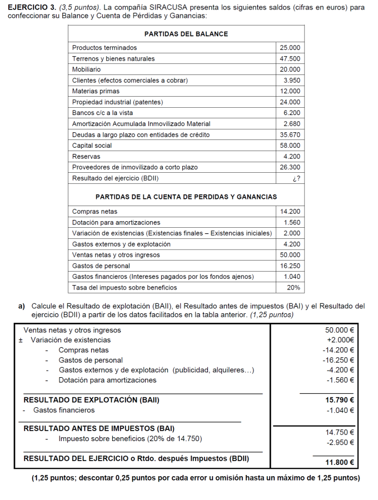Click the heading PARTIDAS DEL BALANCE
[x=186, y=34]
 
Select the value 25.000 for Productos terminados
[x=290, y=48]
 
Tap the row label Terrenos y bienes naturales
[x=113, y=58]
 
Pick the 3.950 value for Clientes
[x=291, y=81]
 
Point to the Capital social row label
[x=92, y=146]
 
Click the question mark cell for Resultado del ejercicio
[x=296, y=178]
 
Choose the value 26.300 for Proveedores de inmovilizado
[x=290, y=167]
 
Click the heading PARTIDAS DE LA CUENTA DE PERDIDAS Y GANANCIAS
[x=186, y=197]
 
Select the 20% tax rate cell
[x=293, y=288]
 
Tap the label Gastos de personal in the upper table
[x=101, y=266]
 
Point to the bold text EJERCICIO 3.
[x=32, y=8]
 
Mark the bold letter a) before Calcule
[x=22, y=306]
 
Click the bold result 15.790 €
[x=340, y=399]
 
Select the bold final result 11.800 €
[x=340, y=462]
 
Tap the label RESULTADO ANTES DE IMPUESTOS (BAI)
[x=99, y=428]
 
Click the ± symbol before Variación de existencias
[x=21, y=340]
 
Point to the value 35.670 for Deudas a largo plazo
[x=290, y=134]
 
